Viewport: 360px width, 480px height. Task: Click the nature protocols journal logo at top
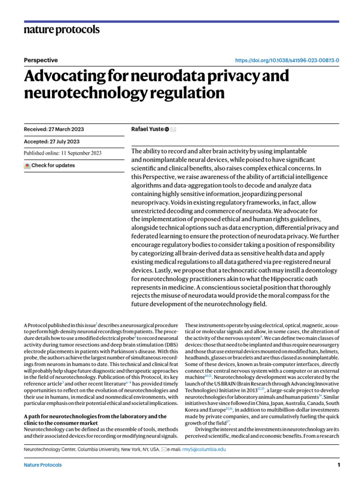(x=61, y=30)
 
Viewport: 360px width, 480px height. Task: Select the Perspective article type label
(x=41, y=60)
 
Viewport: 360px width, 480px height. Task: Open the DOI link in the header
(x=286, y=60)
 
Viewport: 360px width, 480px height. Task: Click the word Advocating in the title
(x=67, y=76)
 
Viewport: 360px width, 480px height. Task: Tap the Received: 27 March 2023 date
(x=54, y=129)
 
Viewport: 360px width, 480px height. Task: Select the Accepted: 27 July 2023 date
(x=52, y=141)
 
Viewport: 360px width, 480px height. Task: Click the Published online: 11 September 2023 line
(x=62, y=153)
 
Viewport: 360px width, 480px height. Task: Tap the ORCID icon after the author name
(x=167, y=129)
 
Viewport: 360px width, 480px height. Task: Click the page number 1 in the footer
(x=338, y=465)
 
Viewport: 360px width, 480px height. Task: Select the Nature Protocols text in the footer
(x=43, y=465)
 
